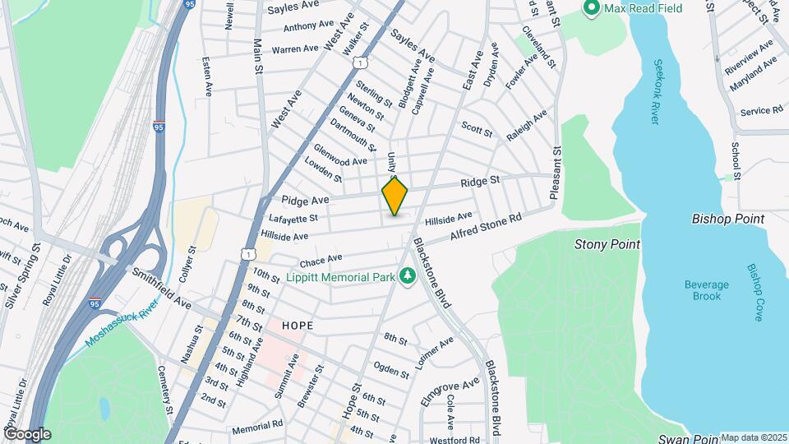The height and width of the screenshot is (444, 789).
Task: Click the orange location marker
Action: (x=394, y=196)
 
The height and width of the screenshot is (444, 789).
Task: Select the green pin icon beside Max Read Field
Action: (x=590, y=8)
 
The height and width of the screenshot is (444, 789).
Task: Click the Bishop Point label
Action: (x=728, y=219)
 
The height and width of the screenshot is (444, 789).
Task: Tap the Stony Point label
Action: (x=607, y=244)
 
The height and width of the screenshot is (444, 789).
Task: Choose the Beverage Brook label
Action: (x=706, y=290)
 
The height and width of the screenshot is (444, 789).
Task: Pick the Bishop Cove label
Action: (x=754, y=292)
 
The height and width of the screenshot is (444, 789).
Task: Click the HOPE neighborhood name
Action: (x=298, y=326)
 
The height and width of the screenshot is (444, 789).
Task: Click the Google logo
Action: (x=27, y=433)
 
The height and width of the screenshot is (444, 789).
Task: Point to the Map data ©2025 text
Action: (x=754, y=437)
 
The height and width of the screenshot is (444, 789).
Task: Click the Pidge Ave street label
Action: (x=304, y=200)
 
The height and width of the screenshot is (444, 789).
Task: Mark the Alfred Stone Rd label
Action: (x=487, y=229)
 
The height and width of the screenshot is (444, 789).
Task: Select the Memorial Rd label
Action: (x=257, y=428)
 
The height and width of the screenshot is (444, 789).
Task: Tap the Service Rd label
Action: (x=760, y=111)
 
